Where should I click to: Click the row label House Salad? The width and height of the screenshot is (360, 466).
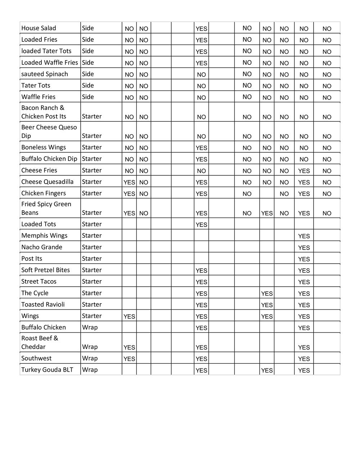[39, 28]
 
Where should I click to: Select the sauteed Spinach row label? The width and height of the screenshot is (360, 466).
[44, 74]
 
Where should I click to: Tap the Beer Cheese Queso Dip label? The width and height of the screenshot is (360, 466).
[49, 131]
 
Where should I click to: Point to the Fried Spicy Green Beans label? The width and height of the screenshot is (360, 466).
[46, 208]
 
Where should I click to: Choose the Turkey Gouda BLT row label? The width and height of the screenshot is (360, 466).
[47, 370]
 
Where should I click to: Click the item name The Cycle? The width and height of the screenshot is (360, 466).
[35, 293]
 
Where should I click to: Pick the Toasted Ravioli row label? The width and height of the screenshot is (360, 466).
[43, 305]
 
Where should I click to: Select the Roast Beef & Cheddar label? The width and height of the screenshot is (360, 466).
[40, 342]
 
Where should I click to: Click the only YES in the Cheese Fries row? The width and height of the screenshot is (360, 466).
[304, 171]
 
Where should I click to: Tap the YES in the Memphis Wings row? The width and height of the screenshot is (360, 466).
[304, 236]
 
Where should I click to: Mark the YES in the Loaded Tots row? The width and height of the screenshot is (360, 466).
[201, 225]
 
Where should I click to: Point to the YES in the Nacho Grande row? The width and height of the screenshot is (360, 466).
[304, 248]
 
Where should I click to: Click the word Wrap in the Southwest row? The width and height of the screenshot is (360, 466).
[90, 358]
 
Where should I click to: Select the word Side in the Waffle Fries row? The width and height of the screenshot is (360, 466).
[88, 97]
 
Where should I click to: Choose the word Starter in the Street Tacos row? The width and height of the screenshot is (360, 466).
[91, 282]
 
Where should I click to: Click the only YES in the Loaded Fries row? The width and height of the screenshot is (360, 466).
[201, 40]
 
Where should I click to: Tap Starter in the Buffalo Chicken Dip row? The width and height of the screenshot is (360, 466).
[91, 159]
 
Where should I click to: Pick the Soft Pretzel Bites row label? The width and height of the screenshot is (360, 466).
[45, 270]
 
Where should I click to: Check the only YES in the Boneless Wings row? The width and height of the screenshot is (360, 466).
[201, 148]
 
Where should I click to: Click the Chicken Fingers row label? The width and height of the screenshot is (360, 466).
[43, 193]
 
